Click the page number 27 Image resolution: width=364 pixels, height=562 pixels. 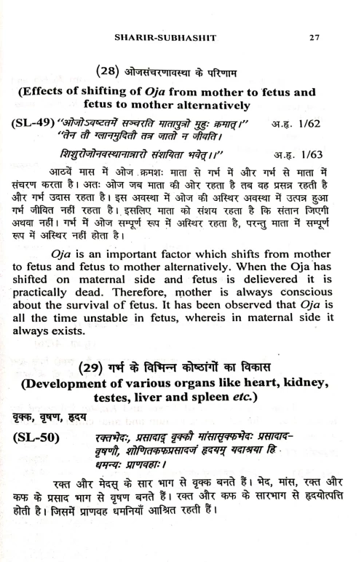coord(314,37)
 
